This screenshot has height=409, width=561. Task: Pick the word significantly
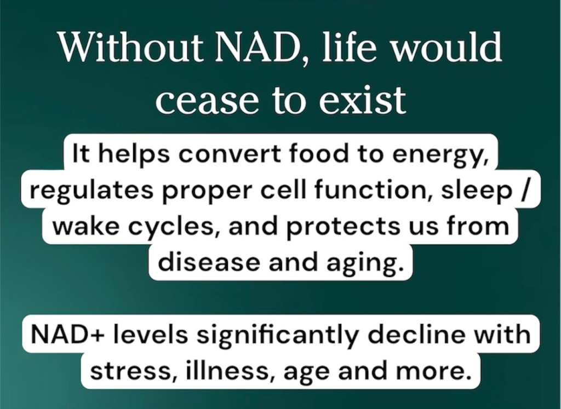[277, 335]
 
